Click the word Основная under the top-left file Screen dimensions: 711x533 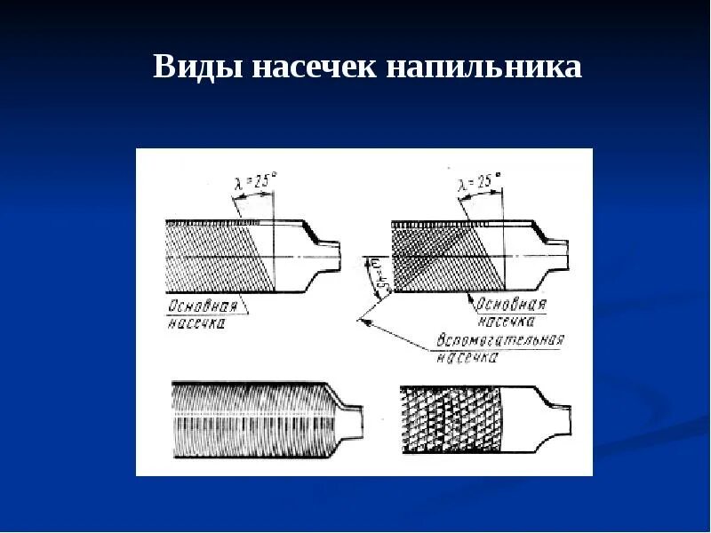pos(204,306)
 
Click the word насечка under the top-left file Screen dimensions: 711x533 pos(196,324)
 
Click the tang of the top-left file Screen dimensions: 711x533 pos(329,256)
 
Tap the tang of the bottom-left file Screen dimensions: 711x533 pos(353,418)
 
